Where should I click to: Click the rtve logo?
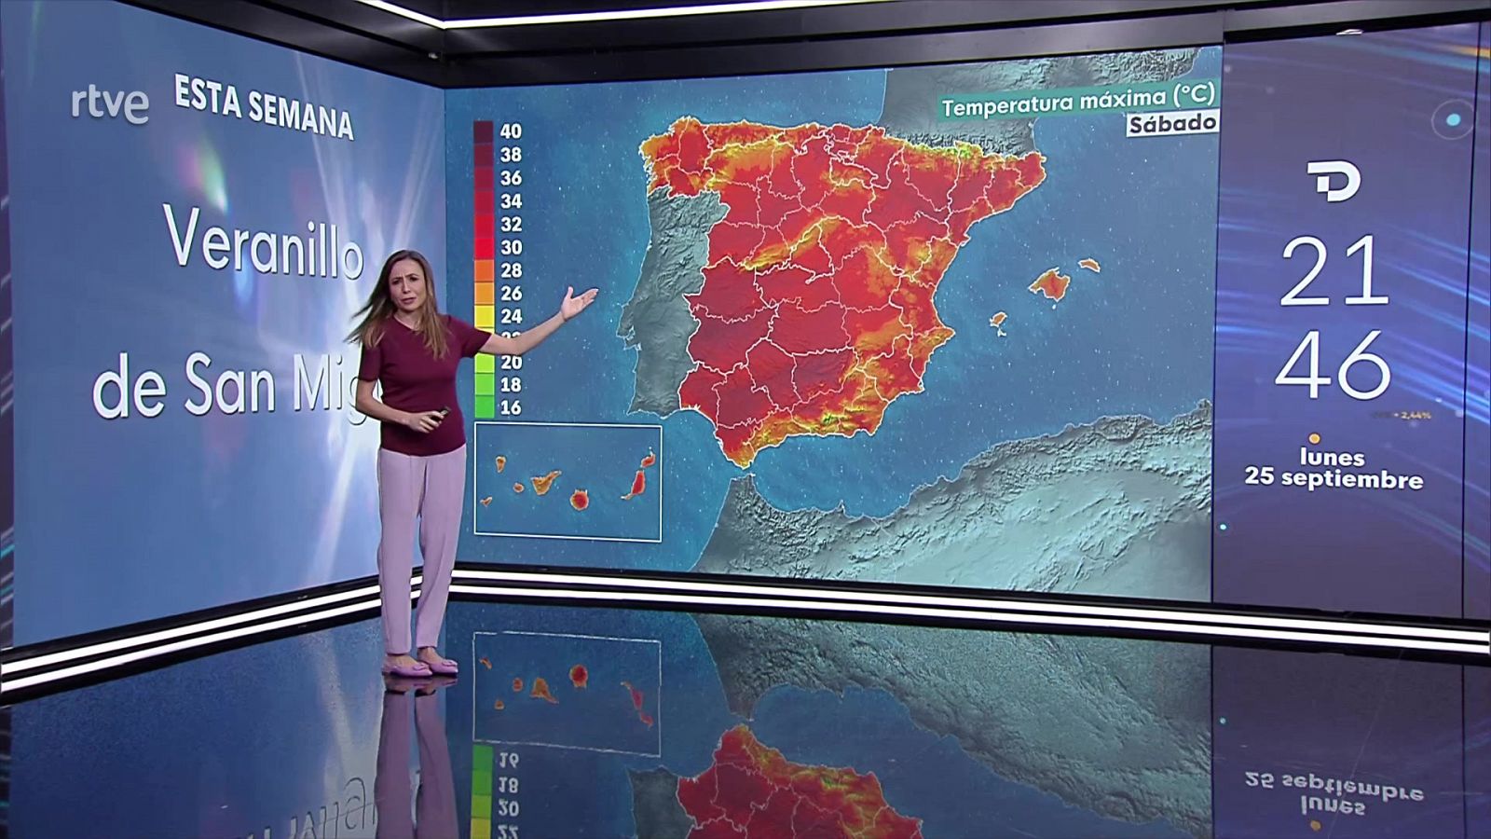coord(110,104)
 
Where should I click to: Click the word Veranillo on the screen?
coord(264,242)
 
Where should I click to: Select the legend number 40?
coord(511,131)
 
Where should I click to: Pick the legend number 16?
coord(511,407)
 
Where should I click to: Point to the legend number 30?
coord(511,247)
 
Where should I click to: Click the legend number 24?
coord(511,316)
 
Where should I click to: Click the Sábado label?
coord(1172,123)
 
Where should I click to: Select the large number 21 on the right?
coord(1334,271)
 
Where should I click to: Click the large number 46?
coord(1334,364)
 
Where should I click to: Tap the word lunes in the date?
coord(1332,457)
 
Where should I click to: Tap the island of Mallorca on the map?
coord(1050,283)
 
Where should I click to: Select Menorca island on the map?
coord(1088,266)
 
